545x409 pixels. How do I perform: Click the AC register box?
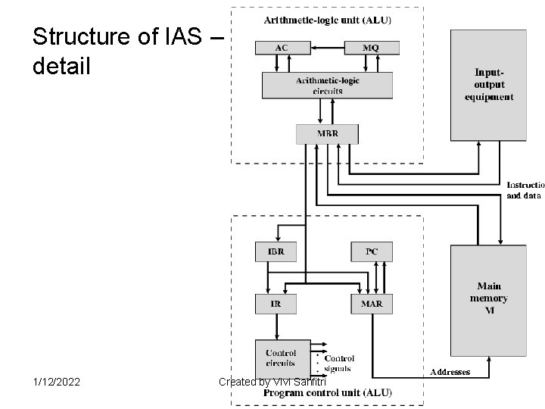281,47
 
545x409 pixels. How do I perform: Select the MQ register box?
370,47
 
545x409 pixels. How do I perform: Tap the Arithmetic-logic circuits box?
327,85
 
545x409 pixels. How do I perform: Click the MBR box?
327,134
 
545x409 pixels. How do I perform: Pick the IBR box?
276,251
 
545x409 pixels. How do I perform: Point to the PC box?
371,251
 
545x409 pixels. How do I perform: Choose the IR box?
276,304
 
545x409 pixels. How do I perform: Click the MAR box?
371,304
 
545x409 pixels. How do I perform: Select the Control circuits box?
281,357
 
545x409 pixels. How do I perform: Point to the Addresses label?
450,372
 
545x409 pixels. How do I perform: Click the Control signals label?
339,364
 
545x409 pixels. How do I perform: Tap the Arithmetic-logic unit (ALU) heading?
327,19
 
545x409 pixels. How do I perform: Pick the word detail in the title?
61,66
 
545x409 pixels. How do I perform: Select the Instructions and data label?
525,189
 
